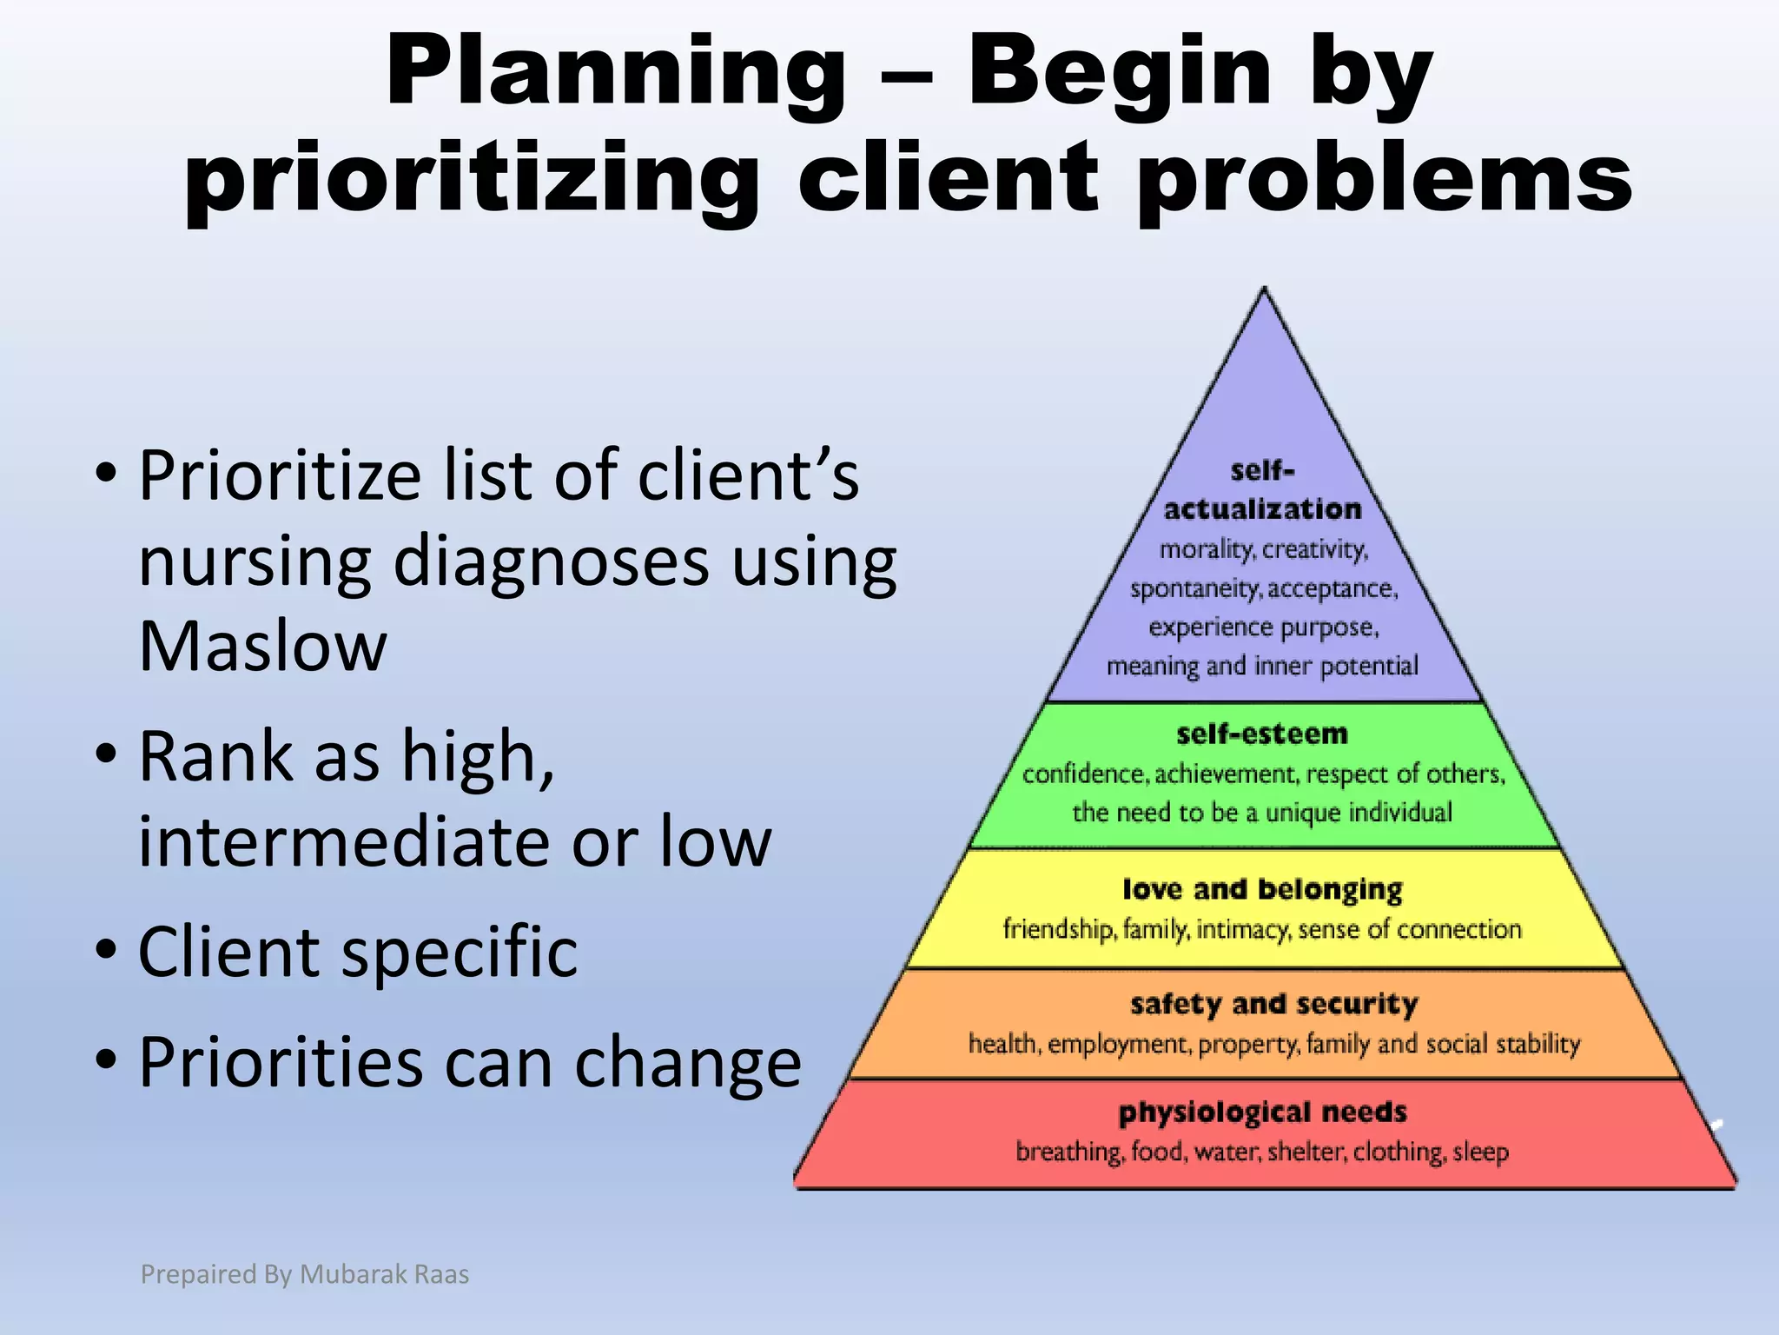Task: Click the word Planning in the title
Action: (615, 74)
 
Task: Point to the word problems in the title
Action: (1385, 178)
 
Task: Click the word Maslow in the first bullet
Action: (262, 648)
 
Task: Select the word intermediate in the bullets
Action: (344, 841)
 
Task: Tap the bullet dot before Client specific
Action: (106, 950)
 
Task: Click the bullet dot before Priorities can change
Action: (106, 1059)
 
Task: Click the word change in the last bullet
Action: (687, 1062)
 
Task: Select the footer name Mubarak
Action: (352, 1274)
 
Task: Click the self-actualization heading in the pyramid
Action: (1262, 491)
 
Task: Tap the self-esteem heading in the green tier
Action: (1262, 734)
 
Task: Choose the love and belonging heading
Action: (1262, 889)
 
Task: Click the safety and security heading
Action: (1273, 1004)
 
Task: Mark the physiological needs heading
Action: (1262, 1112)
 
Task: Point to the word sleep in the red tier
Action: (1480, 1152)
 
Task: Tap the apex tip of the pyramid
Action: (1265, 290)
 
